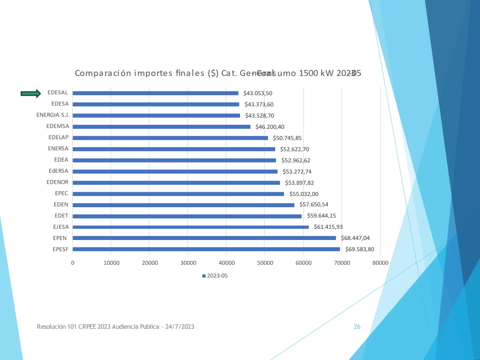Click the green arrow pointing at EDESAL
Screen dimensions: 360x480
pyautogui.click(x=31, y=93)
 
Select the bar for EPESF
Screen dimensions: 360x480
pyautogui.click(x=206, y=249)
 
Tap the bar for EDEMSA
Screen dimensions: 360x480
pyautogui.click(x=161, y=127)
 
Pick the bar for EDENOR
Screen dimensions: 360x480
pyautogui.click(x=176, y=183)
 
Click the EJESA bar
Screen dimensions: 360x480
pyautogui.click(x=190, y=227)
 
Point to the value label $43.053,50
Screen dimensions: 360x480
pyautogui.click(x=258, y=93)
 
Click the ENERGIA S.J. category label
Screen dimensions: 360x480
pyautogui.click(x=53, y=115)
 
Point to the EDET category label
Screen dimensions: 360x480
pyautogui.click(x=61, y=216)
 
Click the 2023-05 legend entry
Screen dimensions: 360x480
pyautogui.click(x=215, y=276)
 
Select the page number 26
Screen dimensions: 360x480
pyautogui.click(x=357, y=327)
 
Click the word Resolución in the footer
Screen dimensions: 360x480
pyautogui.click(x=51, y=327)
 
